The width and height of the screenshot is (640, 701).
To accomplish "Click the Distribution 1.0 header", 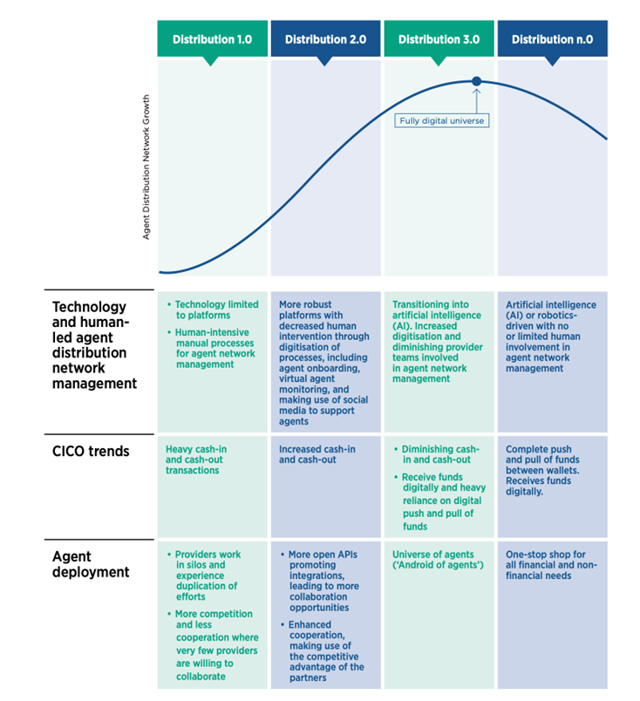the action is click(213, 39).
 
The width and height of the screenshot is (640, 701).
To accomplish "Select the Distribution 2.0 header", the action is click(325, 39).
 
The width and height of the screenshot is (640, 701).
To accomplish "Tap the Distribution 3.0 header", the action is click(439, 39).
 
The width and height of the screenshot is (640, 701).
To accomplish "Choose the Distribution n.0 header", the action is click(552, 39).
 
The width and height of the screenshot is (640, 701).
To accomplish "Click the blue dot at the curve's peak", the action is click(476, 81).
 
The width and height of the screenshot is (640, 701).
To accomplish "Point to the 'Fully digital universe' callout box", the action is click(442, 120).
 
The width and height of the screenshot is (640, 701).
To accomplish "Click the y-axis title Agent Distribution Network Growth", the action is click(146, 167).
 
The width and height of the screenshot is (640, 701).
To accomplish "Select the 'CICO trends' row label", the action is click(91, 451).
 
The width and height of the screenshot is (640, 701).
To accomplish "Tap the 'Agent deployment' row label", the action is click(91, 564).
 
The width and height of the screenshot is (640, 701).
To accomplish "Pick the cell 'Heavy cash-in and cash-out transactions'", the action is click(196, 459).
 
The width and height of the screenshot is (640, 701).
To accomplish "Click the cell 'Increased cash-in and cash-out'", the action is click(317, 454).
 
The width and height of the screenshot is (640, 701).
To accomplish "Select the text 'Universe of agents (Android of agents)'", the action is click(438, 560).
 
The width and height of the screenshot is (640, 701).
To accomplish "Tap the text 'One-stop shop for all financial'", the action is click(551, 565).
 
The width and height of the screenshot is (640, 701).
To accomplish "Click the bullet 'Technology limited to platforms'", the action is click(213, 310).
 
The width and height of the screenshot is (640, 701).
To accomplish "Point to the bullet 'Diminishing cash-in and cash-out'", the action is click(437, 454).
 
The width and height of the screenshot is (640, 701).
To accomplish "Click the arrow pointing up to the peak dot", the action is click(477, 101).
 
